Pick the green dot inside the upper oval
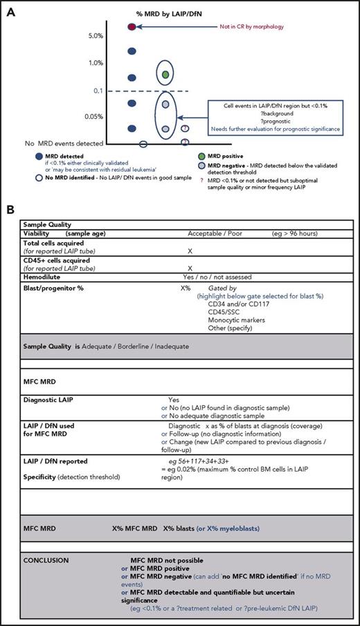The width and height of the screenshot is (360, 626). point(165,73)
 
